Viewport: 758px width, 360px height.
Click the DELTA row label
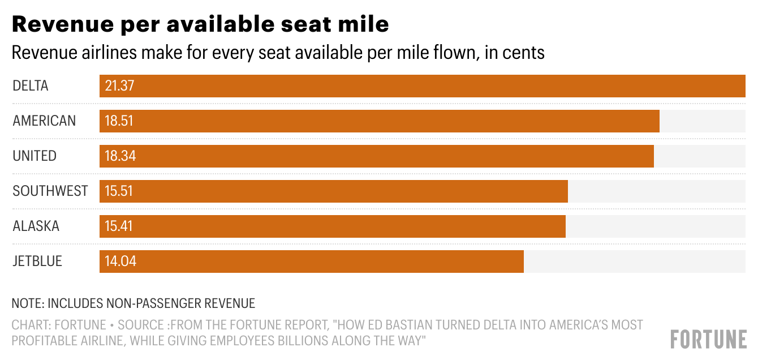pyautogui.click(x=31, y=86)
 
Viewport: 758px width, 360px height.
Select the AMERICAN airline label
pyautogui.click(x=44, y=121)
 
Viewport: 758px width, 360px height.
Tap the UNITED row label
pyautogui.click(x=35, y=156)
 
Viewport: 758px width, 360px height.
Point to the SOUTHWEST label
pyautogui.click(x=50, y=191)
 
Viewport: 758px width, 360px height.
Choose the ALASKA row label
pyautogui.click(x=36, y=226)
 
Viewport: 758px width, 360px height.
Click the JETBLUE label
pyautogui.click(x=37, y=262)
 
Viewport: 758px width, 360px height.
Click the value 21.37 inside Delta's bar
pyautogui.click(x=119, y=86)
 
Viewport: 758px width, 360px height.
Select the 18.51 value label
pyautogui.click(x=119, y=121)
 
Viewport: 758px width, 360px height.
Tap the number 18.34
pyautogui.click(x=120, y=156)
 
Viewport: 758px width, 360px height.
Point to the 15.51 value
pyautogui.click(x=118, y=191)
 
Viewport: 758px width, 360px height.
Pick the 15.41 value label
pyautogui.click(x=118, y=226)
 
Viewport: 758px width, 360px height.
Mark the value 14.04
pyautogui.click(x=120, y=262)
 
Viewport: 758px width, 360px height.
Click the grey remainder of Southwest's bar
pyautogui.click(x=656, y=191)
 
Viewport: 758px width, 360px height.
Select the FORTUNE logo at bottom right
pyautogui.click(x=708, y=340)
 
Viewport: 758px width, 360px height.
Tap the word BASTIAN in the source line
pyautogui.click(x=390, y=325)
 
